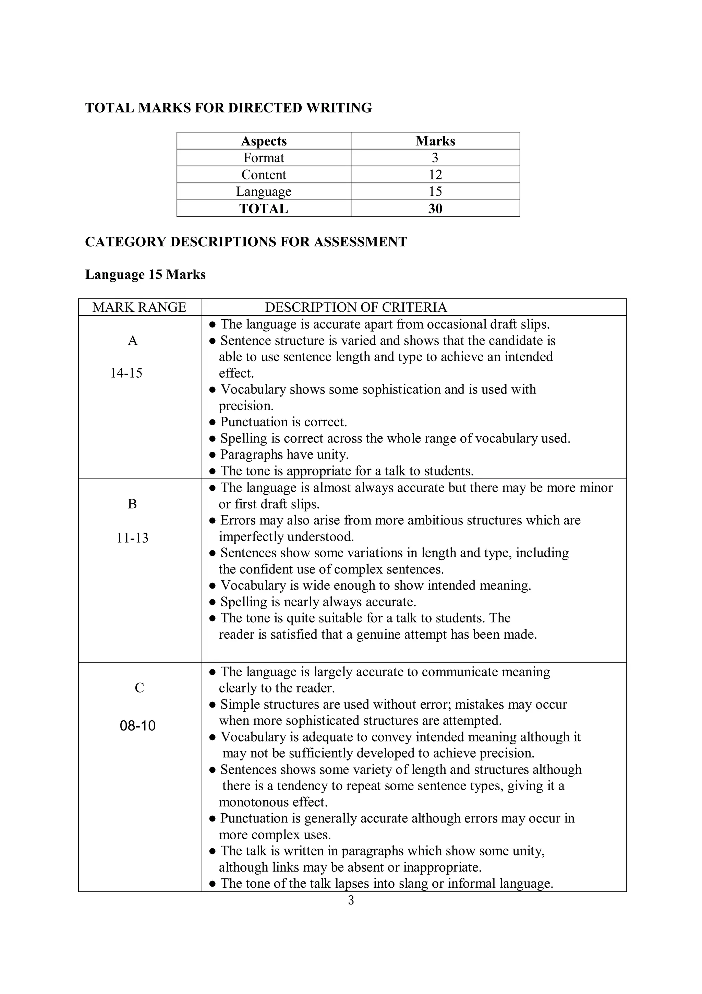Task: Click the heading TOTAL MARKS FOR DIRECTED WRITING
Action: click(228, 108)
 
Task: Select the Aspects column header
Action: click(263, 141)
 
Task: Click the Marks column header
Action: click(435, 141)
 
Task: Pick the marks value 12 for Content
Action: click(435, 175)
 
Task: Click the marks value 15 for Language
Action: click(435, 192)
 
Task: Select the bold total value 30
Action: click(435, 209)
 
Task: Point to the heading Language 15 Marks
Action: click(145, 274)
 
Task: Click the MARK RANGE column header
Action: click(139, 307)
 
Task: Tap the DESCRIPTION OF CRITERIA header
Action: click(355, 307)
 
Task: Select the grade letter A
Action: click(133, 341)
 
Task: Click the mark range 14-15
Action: click(126, 373)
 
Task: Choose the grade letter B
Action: click(132, 504)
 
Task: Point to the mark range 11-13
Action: click(132, 538)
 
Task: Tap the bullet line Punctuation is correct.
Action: click(283, 422)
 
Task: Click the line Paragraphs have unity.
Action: click(284, 454)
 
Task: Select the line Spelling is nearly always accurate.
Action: click(318, 602)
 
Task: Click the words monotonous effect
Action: click(273, 802)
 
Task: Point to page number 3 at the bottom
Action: click(351, 901)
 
